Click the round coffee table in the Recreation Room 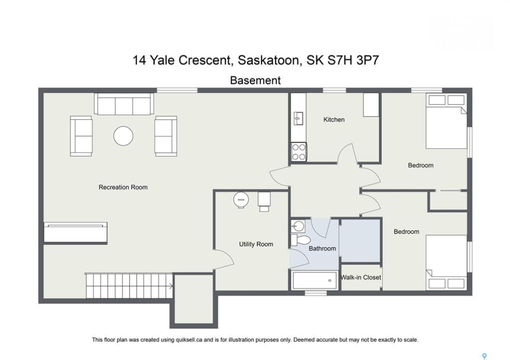pyautogui.click(x=123, y=136)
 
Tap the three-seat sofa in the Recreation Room pyautogui.click(x=124, y=104)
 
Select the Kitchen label pyautogui.click(x=334, y=119)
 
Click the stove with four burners pyautogui.click(x=299, y=152)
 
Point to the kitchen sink pyautogui.click(x=298, y=118)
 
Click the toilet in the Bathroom pyautogui.click(x=300, y=240)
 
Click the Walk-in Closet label pyautogui.click(x=360, y=277)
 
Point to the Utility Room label pyautogui.click(x=256, y=244)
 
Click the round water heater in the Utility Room pyautogui.click(x=241, y=199)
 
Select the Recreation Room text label pyautogui.click(x=123, y=187)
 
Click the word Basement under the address pyautogui.click(x=255, y=80)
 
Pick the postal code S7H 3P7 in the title pyautogui.click(x=353, y=60)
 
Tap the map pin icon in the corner pyautogui.click(x=484, y=356)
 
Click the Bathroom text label pyautogui.click(x=322, y=248)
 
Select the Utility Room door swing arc pyautogui.click(x=226, y=256)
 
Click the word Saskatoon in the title pyautogui.click(x=268, y=60)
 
